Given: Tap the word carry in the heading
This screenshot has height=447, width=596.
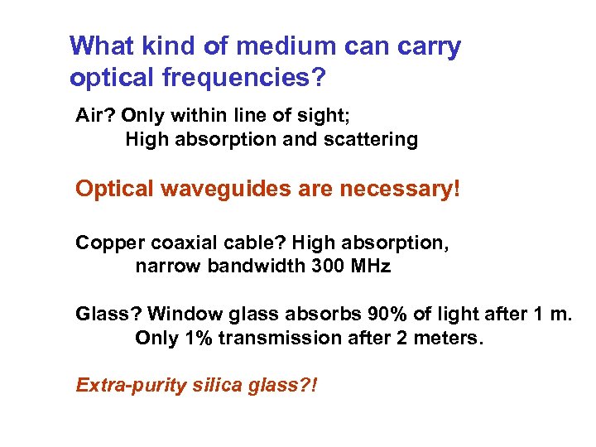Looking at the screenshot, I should click(426, 47).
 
